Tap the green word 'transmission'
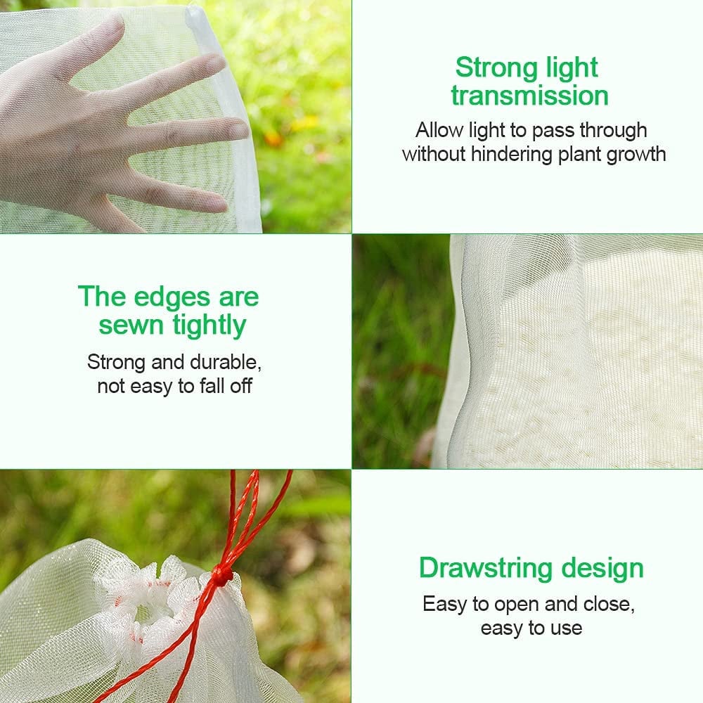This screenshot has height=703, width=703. point(530,96)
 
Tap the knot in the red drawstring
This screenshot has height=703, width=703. point(223,576)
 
